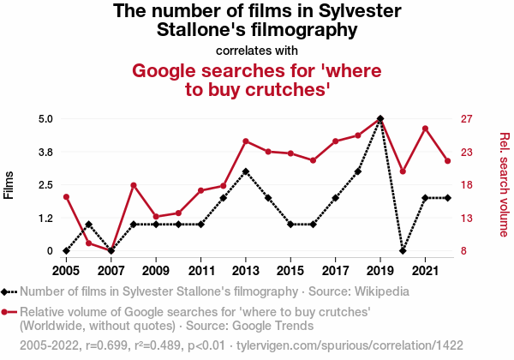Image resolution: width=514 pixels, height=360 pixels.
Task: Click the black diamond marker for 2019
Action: [380, 118]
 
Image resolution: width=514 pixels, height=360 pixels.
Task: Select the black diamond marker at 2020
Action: [403, 251]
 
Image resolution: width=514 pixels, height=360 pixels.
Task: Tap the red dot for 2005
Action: [66, 197]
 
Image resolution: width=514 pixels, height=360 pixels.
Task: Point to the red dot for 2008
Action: [134, 185]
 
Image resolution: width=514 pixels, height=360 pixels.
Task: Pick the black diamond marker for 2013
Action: [246, 171]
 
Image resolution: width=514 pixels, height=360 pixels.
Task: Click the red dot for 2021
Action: [425, 129]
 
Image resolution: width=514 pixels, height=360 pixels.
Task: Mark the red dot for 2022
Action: [447, 161]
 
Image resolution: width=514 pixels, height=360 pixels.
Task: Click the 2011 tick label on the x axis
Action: [200, 270]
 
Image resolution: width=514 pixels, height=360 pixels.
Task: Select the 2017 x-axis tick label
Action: [335, 270]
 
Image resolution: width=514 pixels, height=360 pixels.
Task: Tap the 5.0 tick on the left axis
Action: [43, 118]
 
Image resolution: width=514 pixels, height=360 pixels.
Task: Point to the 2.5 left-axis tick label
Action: [43, 185]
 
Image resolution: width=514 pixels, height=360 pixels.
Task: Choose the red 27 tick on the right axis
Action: [469, 118]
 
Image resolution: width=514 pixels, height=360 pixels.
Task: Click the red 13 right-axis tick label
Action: [469, 219]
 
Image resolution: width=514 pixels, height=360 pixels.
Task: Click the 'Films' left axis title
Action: [9, 184]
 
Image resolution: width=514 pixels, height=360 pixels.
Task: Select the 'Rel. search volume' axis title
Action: [505, 184]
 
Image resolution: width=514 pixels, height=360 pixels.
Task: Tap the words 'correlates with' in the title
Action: [258, 51]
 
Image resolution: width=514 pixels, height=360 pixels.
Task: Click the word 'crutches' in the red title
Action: [287, 89]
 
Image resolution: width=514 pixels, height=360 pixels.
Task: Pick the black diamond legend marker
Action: [9, 291]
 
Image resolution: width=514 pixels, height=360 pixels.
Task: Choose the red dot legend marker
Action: [9, 312]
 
